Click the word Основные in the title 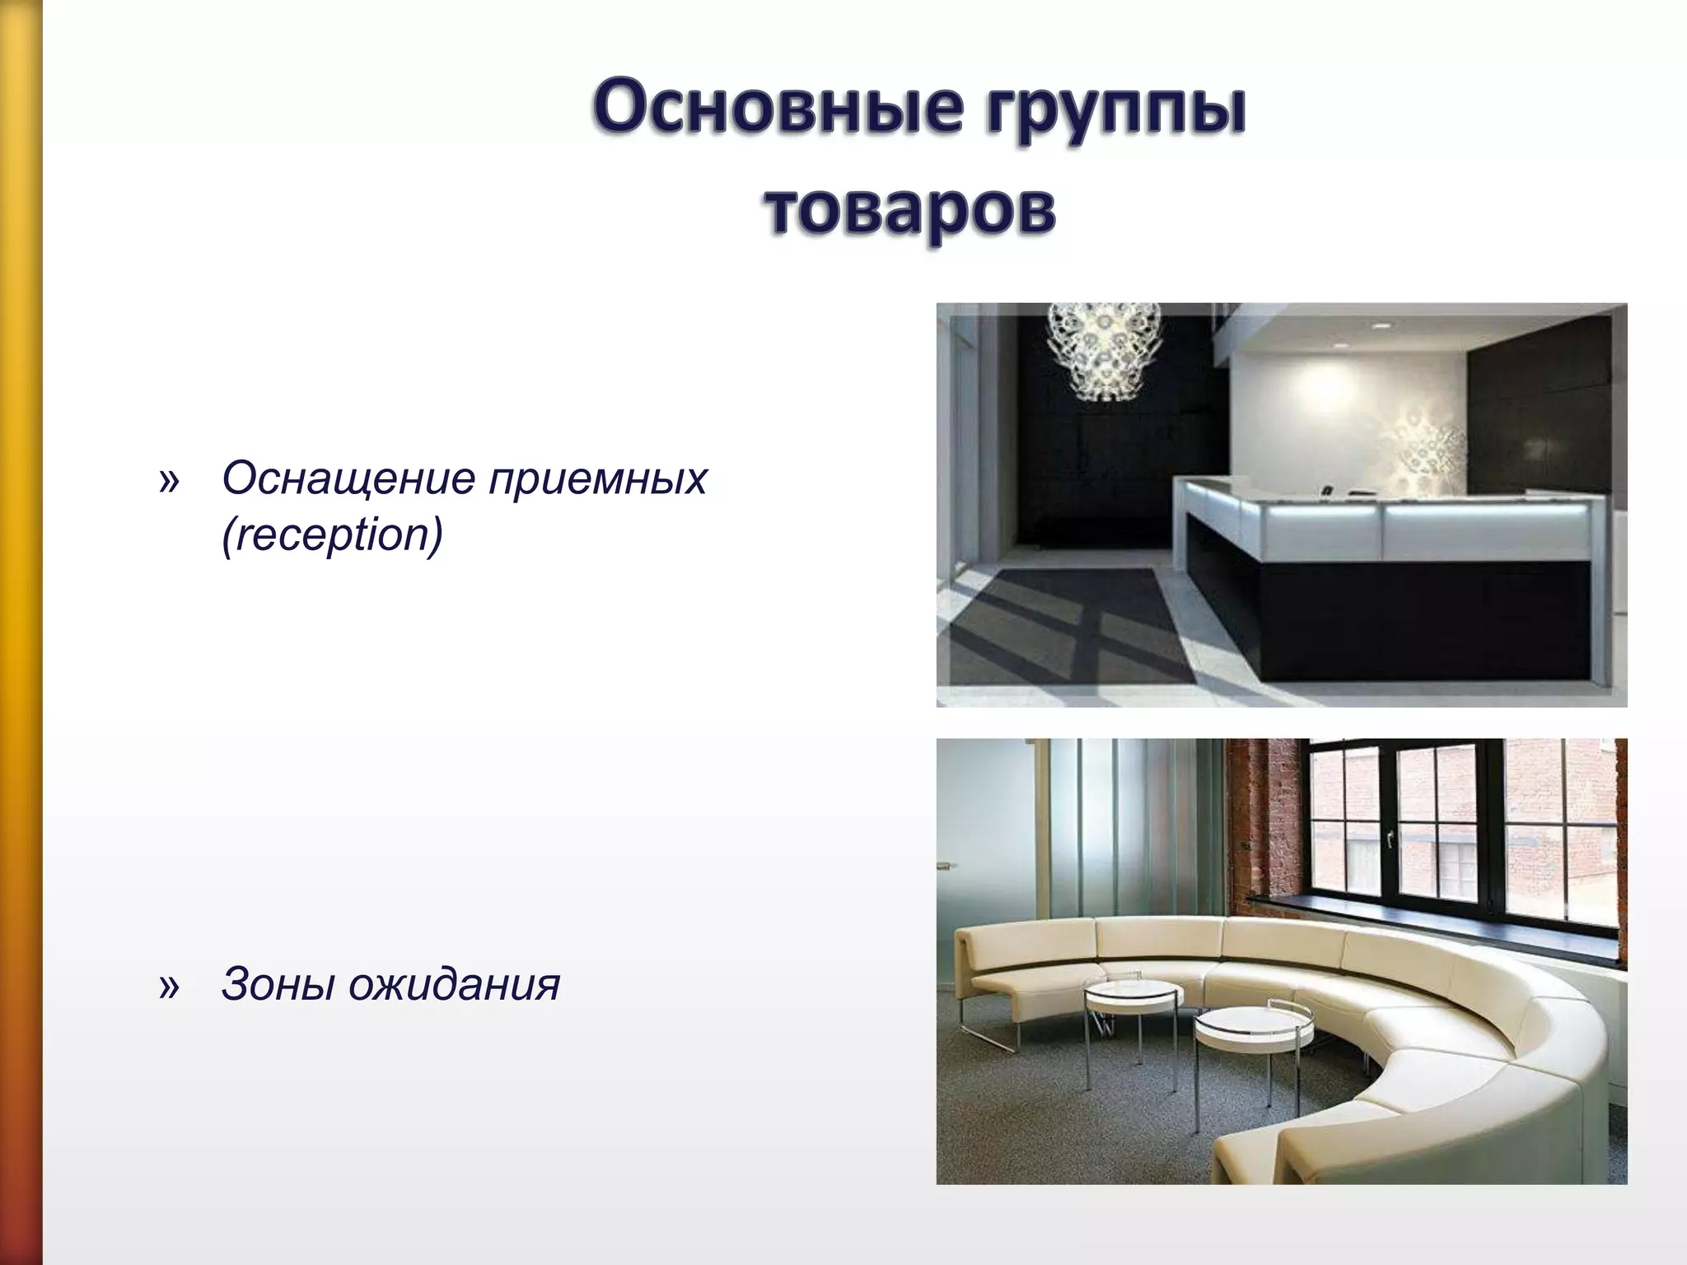(775, 113)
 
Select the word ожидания (454, 983)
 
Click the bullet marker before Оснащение (168, 479)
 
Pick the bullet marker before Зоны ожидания (168, 985)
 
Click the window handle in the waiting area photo (1390, 838)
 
